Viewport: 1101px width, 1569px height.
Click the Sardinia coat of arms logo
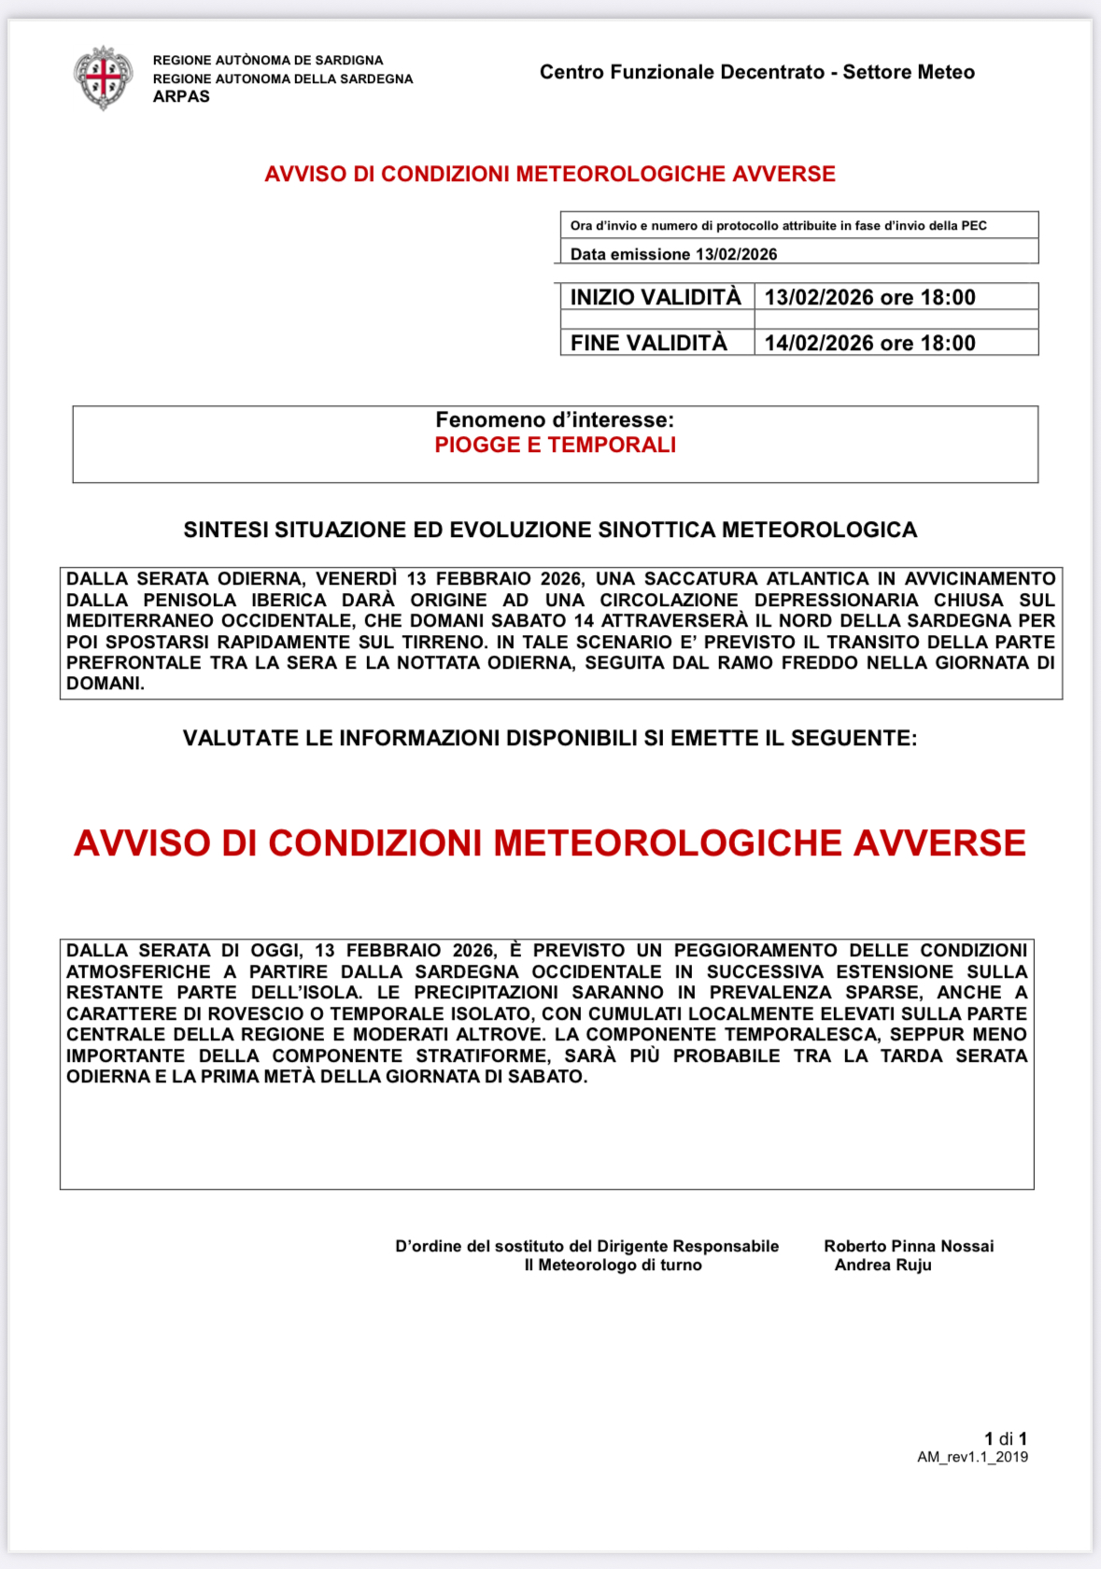tap(104, 78)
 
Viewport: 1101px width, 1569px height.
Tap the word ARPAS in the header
tap(181, 96)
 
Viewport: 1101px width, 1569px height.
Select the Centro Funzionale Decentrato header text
tap(756, 72)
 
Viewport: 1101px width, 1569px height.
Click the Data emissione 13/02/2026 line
tap(673, 254)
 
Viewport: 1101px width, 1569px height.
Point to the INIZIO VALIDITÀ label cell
tap(656, 297)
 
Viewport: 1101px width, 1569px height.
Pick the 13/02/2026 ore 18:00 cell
tap(869, 297)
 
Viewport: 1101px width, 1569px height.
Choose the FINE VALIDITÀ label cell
tap(649, 343)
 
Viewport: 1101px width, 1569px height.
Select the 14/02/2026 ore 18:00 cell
tap(869, 343)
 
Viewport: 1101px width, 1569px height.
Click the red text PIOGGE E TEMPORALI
tap(555, 445)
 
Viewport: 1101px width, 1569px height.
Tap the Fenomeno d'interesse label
tap(555, 420)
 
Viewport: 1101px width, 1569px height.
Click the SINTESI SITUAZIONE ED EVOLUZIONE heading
tap(550, 530)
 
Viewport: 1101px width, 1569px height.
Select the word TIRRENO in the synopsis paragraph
tap(443, 642)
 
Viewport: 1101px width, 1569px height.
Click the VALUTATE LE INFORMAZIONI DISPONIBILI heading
tap(550, 738)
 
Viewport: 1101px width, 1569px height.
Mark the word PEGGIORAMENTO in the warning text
tap(755, 951)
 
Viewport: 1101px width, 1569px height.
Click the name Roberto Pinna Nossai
tap(909, 1246)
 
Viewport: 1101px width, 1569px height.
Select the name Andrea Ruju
tap(882, 1265)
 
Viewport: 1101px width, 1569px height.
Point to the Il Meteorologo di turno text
tap(613, 1265)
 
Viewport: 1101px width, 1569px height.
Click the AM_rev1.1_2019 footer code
tap(972, 1457)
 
